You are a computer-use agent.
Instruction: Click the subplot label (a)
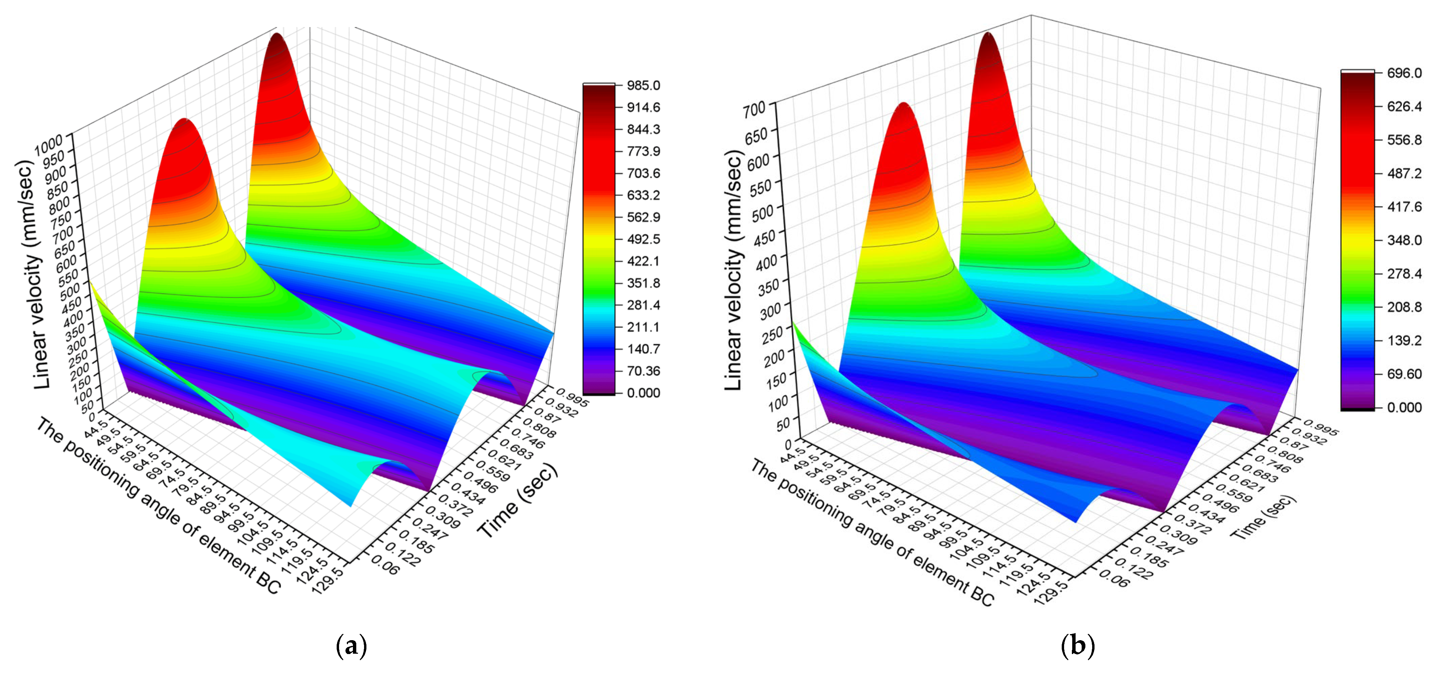(x=351, y=646)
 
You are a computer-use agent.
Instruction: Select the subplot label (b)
(x=1077, y=646)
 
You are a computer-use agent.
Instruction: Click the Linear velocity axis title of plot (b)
(x=733, y=271)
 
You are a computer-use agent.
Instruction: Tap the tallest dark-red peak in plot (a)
(x=278, y=39)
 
